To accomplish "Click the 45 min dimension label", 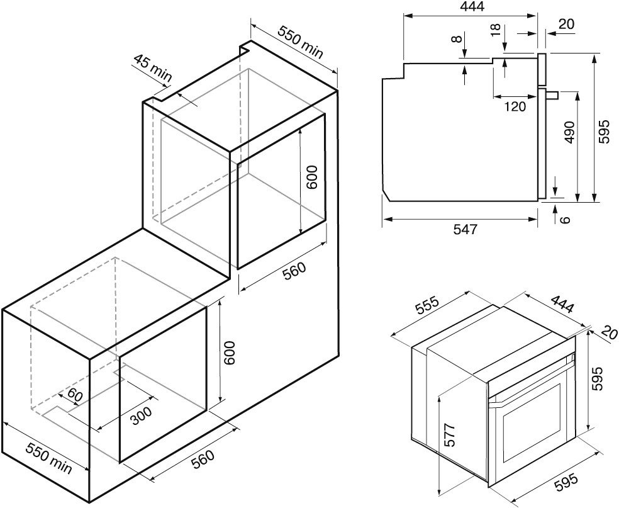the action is pos(153,69).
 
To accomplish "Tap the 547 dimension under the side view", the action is pos(465,229).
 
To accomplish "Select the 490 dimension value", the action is pos(570,132).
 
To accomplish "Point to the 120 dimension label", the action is pos(515,106).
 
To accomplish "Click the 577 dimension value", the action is pos(449,435).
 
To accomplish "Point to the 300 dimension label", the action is pos(141,416).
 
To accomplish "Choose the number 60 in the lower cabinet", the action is pos(75,395).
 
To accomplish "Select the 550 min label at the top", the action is pos(301,42).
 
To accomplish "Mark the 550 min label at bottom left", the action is pos(49,458).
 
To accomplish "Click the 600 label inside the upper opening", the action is pos(311,177).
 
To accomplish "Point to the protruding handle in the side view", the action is pos(552,94).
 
